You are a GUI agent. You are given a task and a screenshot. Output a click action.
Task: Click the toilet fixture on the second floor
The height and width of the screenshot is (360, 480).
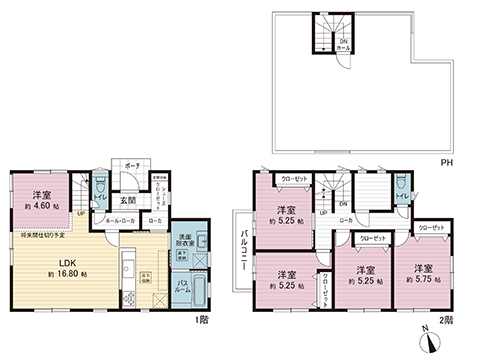(x=401, y=185)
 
